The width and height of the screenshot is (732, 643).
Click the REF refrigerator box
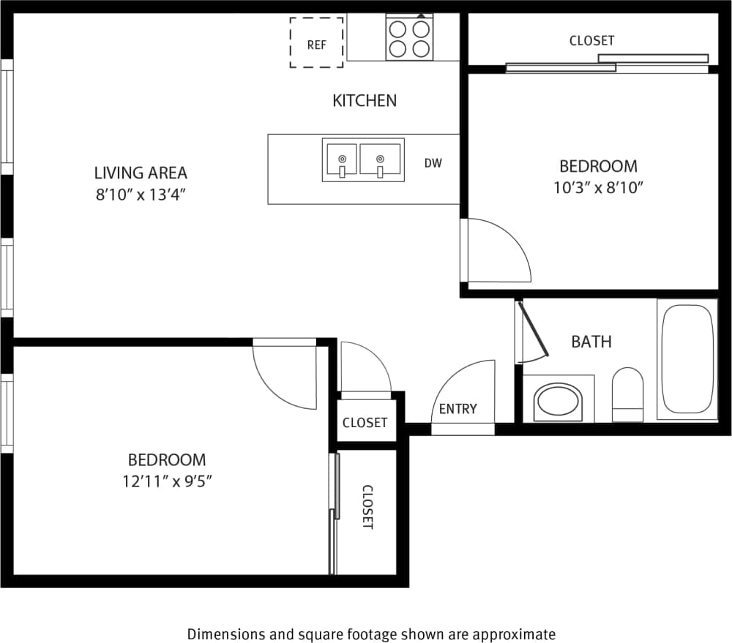[316, 43]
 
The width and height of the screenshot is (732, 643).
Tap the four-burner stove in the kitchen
[408, 39]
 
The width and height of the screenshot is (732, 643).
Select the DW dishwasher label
[433, 163]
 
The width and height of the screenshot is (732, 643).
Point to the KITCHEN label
[365, 100]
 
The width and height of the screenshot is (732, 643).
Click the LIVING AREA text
[141, 173]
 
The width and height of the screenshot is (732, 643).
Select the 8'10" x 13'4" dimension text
[141, 195]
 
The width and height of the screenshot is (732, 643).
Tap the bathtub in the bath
[687, 359]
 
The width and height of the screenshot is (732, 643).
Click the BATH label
[591, 342]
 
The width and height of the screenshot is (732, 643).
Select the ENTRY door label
[458, 409]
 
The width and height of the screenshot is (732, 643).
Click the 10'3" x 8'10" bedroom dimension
[598, 187]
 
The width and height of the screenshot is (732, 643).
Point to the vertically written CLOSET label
[367, 507]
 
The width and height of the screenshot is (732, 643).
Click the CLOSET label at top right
[591, 41]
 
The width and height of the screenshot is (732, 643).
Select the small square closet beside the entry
[365, 422]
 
